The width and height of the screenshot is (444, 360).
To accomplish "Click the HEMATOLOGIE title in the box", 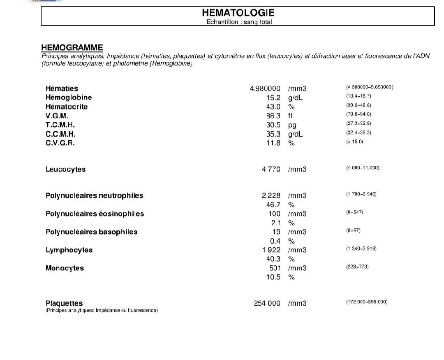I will pyautogui.click(x=238, y=13).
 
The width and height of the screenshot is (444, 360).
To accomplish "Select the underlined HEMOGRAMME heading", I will pyautogui.click(x=72, y=48).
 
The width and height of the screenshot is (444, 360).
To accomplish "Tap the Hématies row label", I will pyautogui.click(x=62, y=88).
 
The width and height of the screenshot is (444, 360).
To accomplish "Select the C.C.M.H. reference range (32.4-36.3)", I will pyautogui.click(x=359, y=132).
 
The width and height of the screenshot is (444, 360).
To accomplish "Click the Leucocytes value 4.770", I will pyautogui.click(x=271, y=170).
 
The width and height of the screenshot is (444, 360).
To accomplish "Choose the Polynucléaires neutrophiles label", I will pyautogui.click(x=94, y=196).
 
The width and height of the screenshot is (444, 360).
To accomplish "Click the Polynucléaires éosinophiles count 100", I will pyautogui.click(x=274, y=214).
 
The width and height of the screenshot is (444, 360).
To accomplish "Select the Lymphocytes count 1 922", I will pyautogui.click(x=271, y=250).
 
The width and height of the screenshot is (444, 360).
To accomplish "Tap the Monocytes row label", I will pyautogui.click(x=65, y=268).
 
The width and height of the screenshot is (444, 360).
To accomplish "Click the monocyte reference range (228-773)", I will pyautogui.click(x=358, y=267).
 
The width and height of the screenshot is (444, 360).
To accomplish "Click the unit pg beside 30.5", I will pyautogui.click(x=292, y=125).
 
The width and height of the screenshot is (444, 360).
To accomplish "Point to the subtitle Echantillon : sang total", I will pyautogui.click(x=239, y=22).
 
